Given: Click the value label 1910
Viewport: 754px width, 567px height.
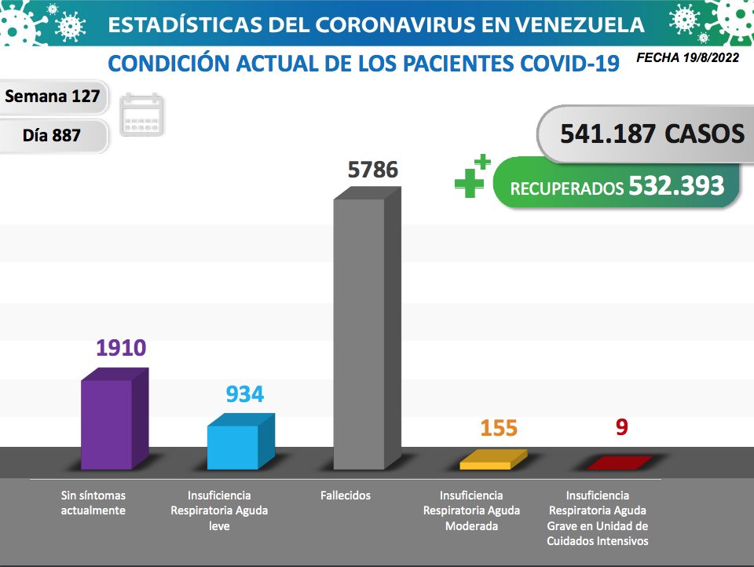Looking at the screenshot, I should tap(122, 347).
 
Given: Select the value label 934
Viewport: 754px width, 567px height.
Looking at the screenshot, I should tap(244, 394).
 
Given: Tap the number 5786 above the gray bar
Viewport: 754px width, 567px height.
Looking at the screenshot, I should tap(373, 170).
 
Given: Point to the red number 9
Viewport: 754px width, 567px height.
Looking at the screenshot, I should tap(622, 428).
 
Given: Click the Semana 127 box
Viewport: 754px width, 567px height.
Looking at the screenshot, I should tap(53, 97).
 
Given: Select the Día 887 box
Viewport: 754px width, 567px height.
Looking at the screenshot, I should tap(53, 135).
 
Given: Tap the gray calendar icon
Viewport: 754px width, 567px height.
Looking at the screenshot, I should tap(142, 115).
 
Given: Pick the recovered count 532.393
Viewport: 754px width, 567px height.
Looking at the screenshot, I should tap(676, 185).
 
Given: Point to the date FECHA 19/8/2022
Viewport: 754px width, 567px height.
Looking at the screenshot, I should tap(687, 58).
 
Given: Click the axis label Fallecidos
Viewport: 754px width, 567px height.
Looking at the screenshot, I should tap(346, 496).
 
